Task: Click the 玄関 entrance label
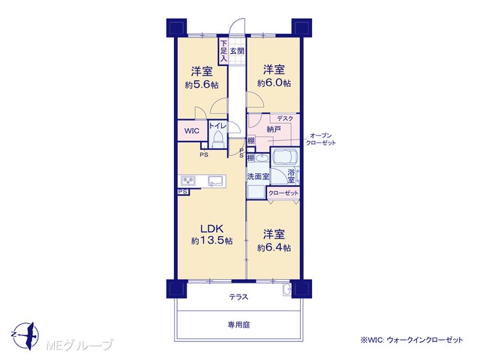tap(237, 51)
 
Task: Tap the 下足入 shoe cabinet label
tap(223, 51)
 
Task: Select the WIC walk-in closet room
tap(192, 130)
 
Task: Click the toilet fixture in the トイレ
tap(218, 139)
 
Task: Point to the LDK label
tap(211, 228)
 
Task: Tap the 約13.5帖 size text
tap(211, 241)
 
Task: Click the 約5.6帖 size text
tap(202, 85)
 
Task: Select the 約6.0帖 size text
tap(274, 83)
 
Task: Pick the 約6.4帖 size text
tap(274, 247)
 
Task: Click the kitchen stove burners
tap(187, 181)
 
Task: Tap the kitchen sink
tap(216, 181)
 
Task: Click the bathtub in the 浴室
tap(285, 157)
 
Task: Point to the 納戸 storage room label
tap(274, 129)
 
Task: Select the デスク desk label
tap(285, 118)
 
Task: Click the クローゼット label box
tap(283, 193)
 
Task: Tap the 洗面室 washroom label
tap(258, 177)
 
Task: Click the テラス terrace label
tap(238, 297)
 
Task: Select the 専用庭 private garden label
tap(238, 325)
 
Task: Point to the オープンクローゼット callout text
tap(321, 139)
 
